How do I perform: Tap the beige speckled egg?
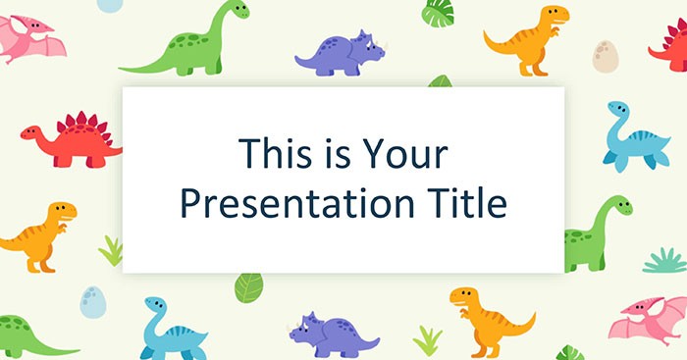(605, 56)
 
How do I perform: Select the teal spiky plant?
(664, 260)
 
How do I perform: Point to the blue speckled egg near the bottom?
(93, 301)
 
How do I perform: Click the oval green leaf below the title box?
(248, 286)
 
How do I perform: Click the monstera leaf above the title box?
(438, 13)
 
